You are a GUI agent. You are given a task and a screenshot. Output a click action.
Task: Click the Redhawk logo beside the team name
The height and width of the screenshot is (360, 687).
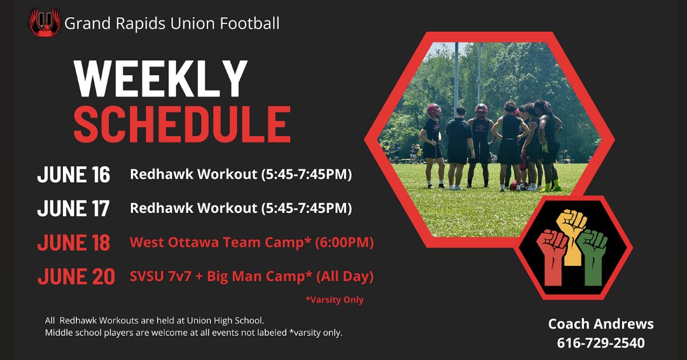point(45,22)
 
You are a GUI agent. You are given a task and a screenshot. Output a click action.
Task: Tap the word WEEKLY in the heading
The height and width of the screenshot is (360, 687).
point(160,80)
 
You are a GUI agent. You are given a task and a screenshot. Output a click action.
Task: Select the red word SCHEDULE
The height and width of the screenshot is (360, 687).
point(182,125)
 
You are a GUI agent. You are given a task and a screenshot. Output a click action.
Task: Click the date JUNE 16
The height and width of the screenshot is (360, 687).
point(74,175)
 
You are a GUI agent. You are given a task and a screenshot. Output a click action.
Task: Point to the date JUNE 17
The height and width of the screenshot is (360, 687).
point(73,209)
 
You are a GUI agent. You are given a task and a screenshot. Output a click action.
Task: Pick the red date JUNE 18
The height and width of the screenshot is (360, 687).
point(74,242)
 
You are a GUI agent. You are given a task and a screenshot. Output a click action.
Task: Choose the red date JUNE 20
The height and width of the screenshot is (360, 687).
point(76,277)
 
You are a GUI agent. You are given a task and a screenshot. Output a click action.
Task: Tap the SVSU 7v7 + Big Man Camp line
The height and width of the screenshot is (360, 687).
point(252,276)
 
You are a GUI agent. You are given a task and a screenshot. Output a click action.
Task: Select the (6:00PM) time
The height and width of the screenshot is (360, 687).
point(344,242)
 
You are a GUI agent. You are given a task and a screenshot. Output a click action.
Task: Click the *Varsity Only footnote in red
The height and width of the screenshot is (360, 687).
point(335,300)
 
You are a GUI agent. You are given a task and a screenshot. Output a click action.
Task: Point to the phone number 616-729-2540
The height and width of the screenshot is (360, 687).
point(600,342)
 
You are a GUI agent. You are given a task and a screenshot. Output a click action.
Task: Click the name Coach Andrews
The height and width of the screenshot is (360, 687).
point(600,324)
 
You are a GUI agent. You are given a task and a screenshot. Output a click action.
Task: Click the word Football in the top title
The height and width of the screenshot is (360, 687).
point(250,23)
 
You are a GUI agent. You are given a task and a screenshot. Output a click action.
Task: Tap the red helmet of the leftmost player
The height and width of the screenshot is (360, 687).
point(434,111)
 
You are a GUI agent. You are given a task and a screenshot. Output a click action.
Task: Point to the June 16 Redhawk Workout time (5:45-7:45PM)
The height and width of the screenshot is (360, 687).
point(306,174)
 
